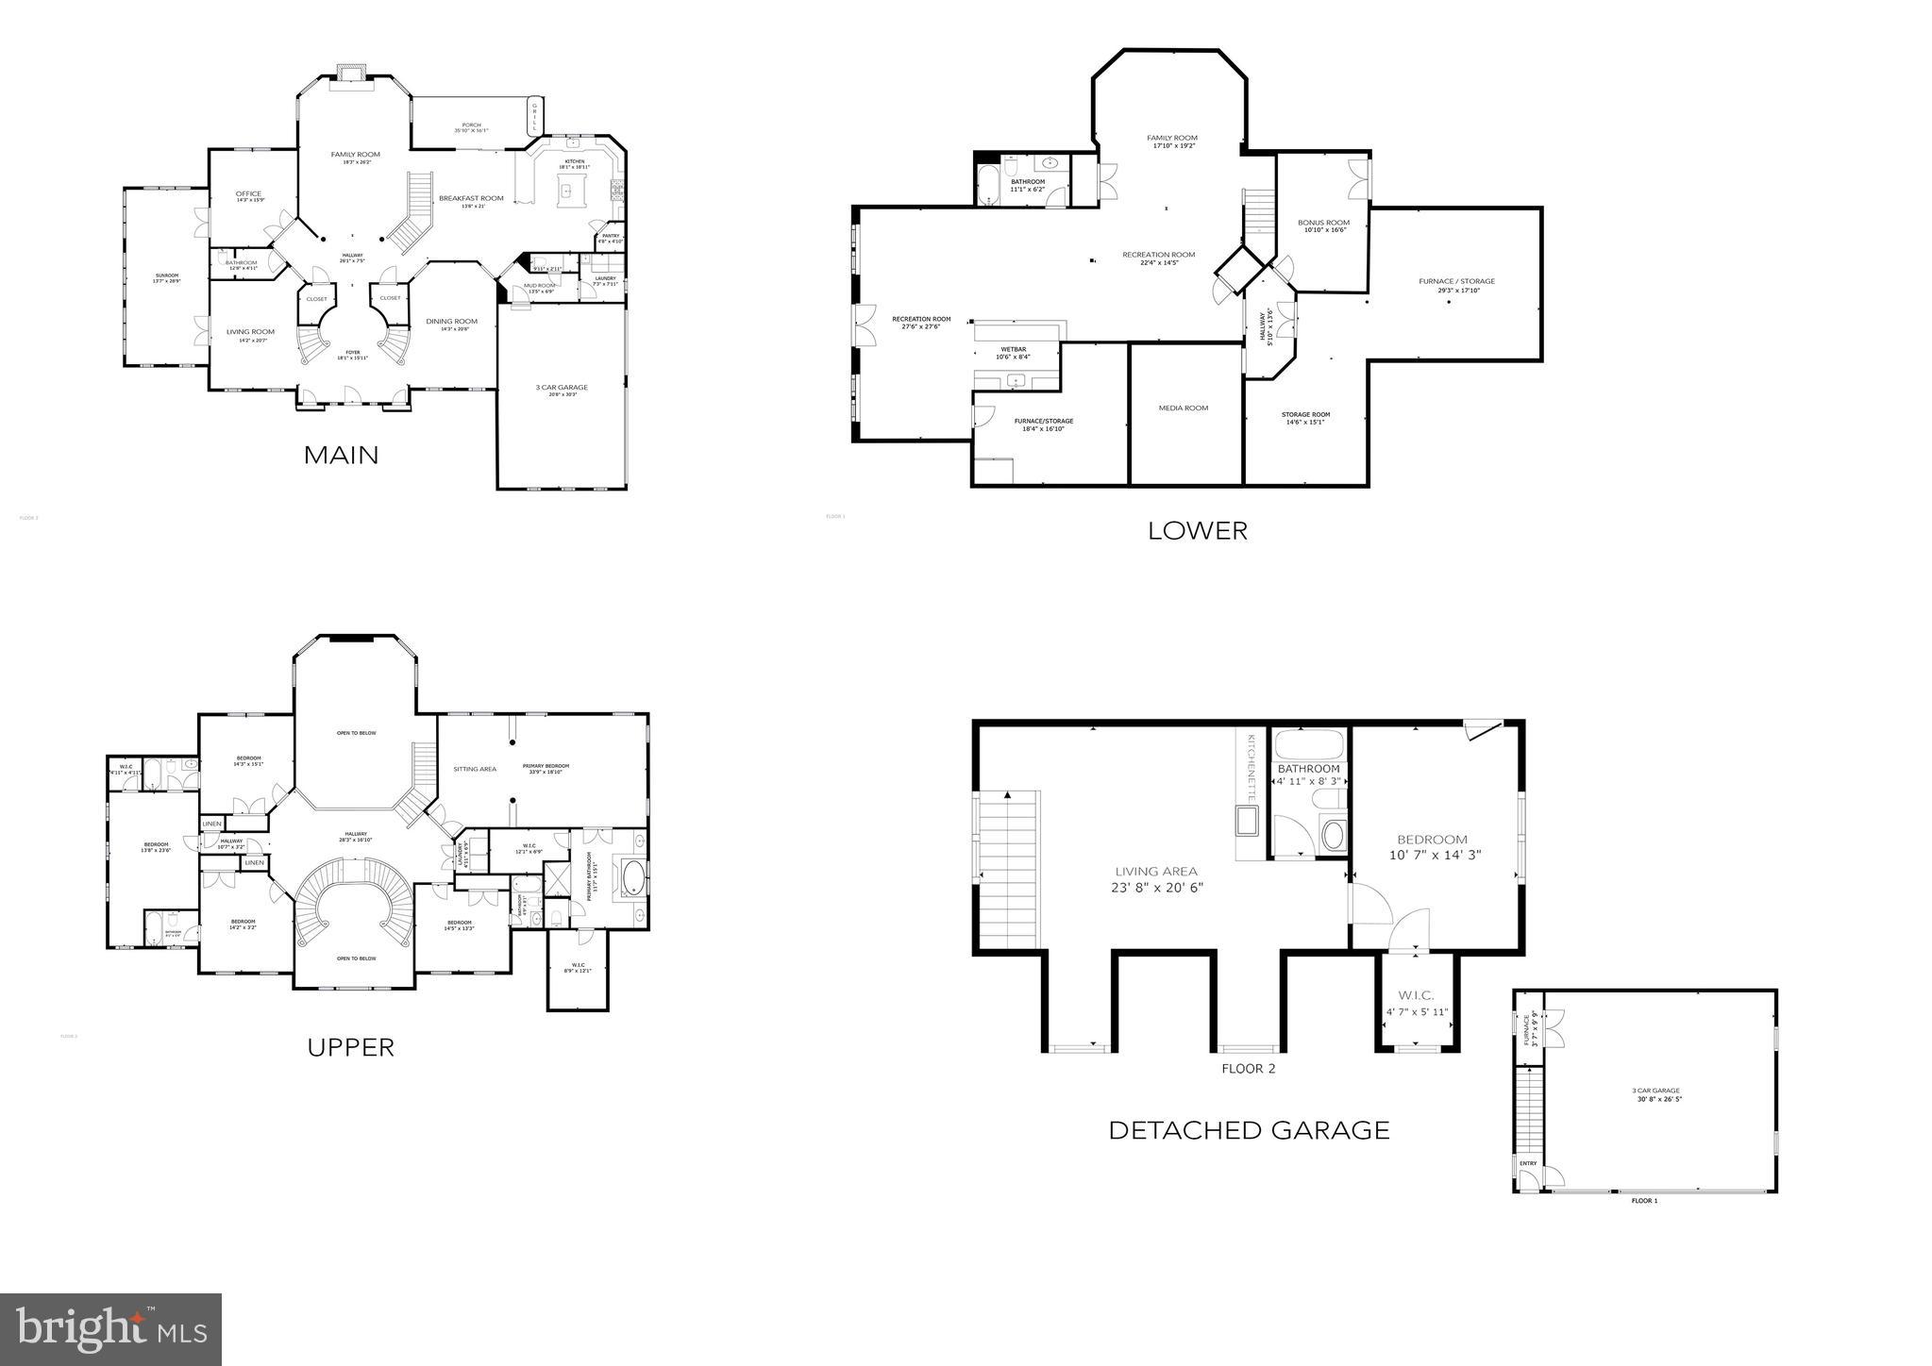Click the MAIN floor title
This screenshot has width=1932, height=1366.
(x=341, y=456)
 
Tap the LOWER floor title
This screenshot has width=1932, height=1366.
(x=1197, y=531)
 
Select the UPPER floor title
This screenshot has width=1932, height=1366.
(x=350, y=1047)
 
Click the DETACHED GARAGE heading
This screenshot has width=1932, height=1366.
(x=1248, y=1130)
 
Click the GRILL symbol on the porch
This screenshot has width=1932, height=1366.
(x=534, y=119)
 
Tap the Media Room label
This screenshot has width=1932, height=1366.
(x=1183, y=408)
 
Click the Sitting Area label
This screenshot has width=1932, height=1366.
(x=474, y=769)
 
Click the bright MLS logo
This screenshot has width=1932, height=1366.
(x=110, y=1330)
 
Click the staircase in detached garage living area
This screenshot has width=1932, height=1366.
(x=1009, y=869)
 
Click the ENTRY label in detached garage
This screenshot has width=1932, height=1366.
(x=1527, y=1163)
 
